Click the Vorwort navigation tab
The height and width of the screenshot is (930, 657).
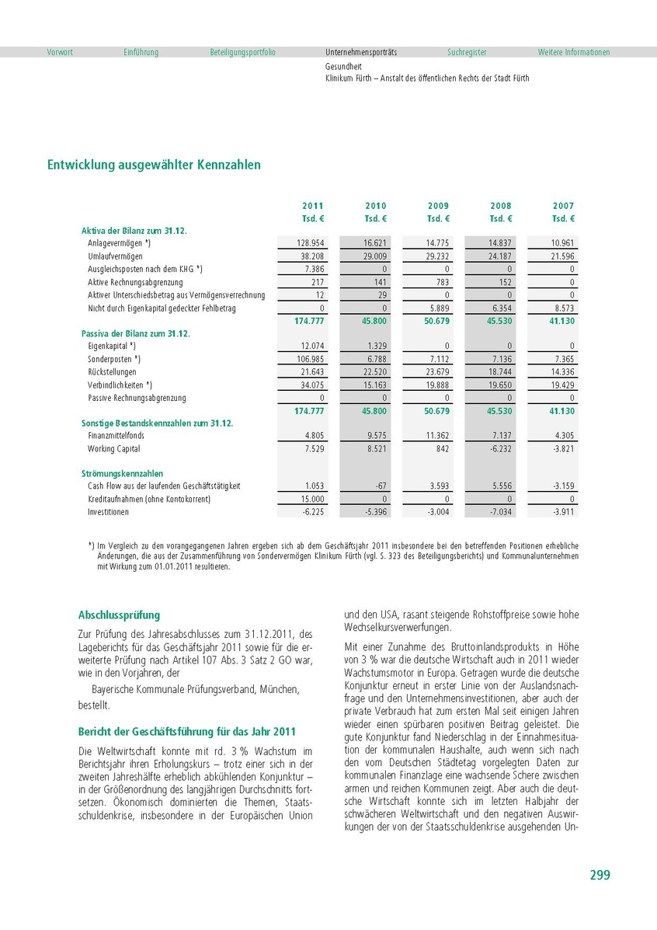[x=60, y=52]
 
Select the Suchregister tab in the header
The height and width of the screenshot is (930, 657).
[x=467, y=52]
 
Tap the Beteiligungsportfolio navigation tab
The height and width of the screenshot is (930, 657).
[x=242, y=52]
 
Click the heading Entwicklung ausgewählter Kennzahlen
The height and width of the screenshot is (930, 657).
[x=154, y=165]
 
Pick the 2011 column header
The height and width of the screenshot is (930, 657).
[x=313, y=206]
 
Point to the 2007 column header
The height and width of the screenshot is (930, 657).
[x=564, y=206]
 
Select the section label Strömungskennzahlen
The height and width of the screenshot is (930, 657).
[x=122, y=473]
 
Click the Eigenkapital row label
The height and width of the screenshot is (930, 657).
[x=112, y=346]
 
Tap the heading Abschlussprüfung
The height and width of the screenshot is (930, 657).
[x=119, y=615]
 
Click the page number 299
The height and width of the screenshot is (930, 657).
[x=600, y=875]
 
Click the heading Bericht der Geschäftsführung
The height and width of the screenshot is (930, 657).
[x=186, y=732]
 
